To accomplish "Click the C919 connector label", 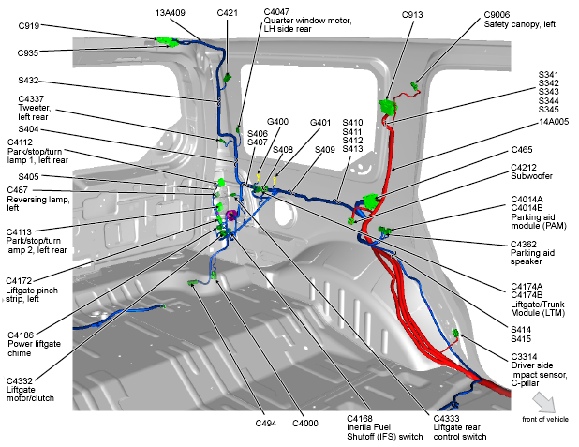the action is coord(28,26).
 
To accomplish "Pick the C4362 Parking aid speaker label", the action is coord(537,249).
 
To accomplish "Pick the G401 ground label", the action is coord(320,122).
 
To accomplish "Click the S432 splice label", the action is coord(29,81).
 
